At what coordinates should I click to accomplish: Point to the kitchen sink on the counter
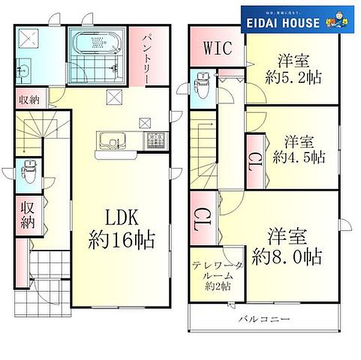pos(109,140)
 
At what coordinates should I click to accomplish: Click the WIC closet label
pos(217,48)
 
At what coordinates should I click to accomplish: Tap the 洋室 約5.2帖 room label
pos(292,69)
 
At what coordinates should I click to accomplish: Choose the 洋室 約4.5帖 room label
pos(299,149)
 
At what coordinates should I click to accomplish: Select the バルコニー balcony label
pos(263,320)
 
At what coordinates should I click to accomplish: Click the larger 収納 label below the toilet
pos(28,214)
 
